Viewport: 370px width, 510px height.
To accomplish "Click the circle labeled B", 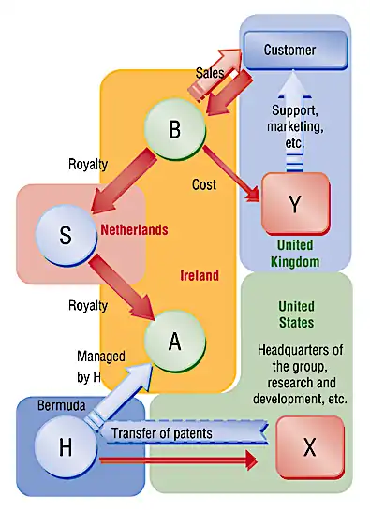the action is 175,129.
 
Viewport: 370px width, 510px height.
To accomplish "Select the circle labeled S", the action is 66,236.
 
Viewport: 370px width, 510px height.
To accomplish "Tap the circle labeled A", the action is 175,342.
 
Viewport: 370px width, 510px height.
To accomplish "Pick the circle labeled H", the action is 66,446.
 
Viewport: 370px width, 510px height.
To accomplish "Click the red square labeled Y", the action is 296,204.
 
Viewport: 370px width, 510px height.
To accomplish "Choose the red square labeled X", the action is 310,447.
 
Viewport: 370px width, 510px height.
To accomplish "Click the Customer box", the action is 296,51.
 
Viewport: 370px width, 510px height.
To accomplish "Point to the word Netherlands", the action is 134,230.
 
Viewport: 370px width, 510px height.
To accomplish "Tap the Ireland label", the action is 200,275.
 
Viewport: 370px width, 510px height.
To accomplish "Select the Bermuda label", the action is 62,405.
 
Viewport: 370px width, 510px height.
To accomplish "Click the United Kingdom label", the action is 295,254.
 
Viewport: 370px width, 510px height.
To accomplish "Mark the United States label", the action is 296,314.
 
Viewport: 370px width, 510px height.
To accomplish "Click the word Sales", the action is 210,73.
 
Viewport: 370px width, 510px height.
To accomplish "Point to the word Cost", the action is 204,184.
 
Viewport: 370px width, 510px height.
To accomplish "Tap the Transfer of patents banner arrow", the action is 184,433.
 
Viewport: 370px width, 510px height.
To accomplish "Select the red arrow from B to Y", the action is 232,174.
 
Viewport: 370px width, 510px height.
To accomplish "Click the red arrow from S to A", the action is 122,287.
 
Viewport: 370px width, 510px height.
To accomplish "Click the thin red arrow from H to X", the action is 178,460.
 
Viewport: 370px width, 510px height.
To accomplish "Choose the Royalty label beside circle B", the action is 88,165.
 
